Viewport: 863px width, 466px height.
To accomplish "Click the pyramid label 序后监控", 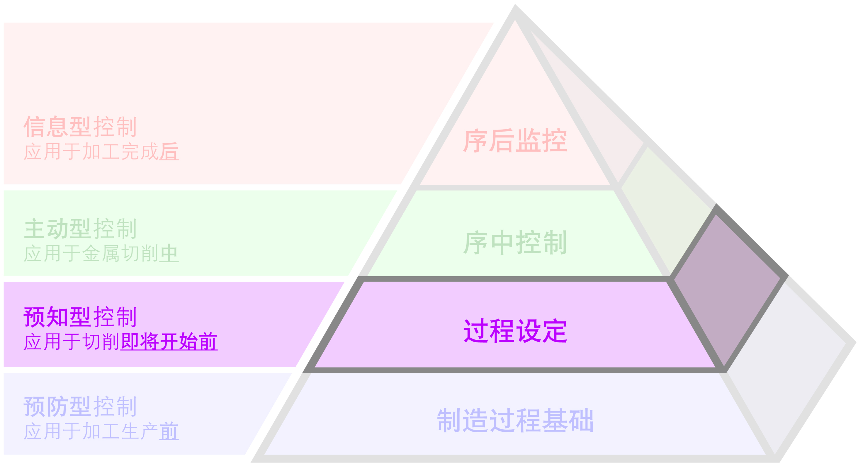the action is pos(515,141).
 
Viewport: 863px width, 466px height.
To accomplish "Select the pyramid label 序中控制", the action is pos(515,243).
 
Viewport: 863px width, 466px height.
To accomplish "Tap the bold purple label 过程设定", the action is pos(515,331).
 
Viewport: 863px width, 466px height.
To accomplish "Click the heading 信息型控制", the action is pos(80,127).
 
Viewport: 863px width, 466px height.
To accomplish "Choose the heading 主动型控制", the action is pos(80,229).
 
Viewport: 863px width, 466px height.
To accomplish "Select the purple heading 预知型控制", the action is pos(80,317).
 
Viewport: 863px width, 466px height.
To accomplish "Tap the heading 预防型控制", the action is pos(80,407).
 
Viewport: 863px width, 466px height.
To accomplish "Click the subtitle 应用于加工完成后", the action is pos(101,152).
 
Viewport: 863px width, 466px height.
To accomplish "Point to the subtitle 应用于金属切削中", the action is pos(101,253).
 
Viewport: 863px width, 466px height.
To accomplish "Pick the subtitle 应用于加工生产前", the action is pos(101,431).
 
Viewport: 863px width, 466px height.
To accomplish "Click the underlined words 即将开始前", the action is pos(169,342).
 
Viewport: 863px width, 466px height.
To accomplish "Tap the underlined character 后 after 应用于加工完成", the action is pos(169,152).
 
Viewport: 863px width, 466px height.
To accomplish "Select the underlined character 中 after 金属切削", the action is pos(169,253).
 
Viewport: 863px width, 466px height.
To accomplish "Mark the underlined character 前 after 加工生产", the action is pos(169,431).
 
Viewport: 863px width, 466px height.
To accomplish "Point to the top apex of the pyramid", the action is pos(515,5).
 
